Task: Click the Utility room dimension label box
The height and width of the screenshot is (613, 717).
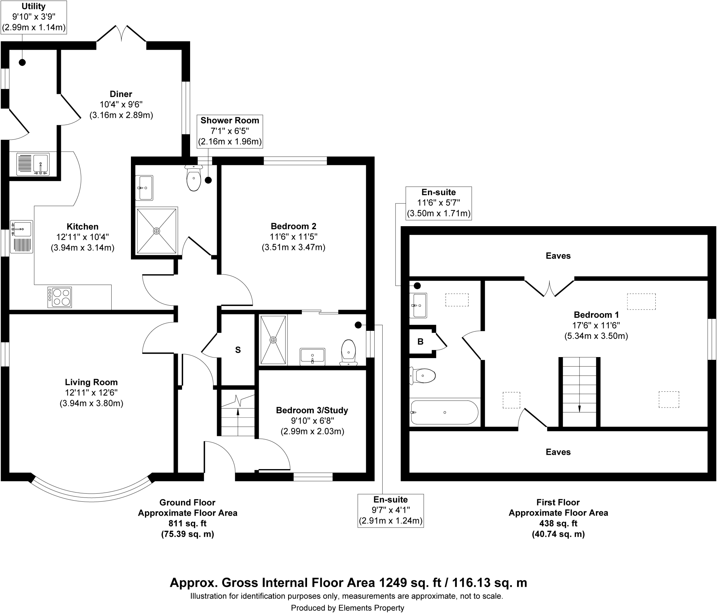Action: click(34, 17)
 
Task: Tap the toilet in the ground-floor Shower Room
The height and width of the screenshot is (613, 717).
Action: click(194, 179)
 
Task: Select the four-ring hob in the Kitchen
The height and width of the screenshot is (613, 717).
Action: click(60, 297)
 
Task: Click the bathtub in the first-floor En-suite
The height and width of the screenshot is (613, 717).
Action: click(444, 412)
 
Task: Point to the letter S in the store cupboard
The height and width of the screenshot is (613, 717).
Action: click(238, 350)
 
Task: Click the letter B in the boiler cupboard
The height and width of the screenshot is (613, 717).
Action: click(420, 341)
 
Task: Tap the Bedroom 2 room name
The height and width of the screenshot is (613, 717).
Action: click(293, 226)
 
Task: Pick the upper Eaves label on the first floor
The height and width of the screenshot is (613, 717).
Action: click(558, 256)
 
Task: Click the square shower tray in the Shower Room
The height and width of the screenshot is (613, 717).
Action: click(156, 231)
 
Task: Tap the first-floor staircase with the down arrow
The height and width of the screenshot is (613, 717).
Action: click(579, 392)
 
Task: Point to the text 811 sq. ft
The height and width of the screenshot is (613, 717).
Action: click(187, 523)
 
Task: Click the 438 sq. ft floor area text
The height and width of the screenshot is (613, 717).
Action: click(558, 523)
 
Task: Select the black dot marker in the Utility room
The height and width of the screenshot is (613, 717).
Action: click(22, 63)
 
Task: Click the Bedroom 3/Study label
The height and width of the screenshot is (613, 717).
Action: click(312, 410)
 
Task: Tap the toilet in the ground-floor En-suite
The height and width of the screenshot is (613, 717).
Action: click(348, 352)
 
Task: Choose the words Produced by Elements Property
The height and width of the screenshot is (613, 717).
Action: click(347, 608)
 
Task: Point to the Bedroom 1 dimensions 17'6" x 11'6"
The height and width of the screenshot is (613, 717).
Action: click(596, 325)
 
